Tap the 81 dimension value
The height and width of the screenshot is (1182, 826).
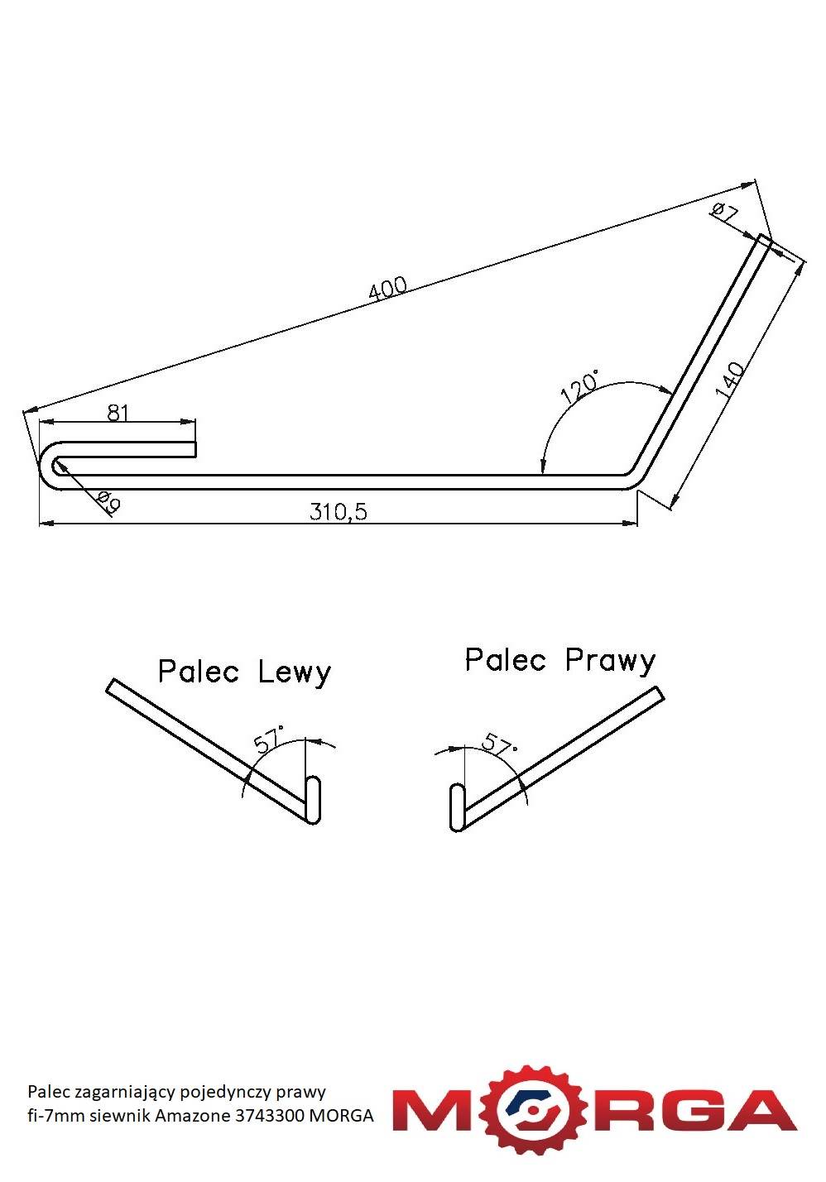click(118, 413)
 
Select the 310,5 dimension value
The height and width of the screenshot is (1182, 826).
click(338, 512)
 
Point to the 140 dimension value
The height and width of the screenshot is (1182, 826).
click(731, 380)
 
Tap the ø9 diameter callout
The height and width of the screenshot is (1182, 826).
click(109, 501)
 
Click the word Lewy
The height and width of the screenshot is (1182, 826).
click(294, 672)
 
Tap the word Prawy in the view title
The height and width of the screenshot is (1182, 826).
click(610, 661)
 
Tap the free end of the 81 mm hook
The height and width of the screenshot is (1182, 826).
click(195, 449)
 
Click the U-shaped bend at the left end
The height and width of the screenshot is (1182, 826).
click(50, 466)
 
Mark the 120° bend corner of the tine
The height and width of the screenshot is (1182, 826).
click(634, 477)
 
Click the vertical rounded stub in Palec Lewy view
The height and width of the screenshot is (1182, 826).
click(313, 799)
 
